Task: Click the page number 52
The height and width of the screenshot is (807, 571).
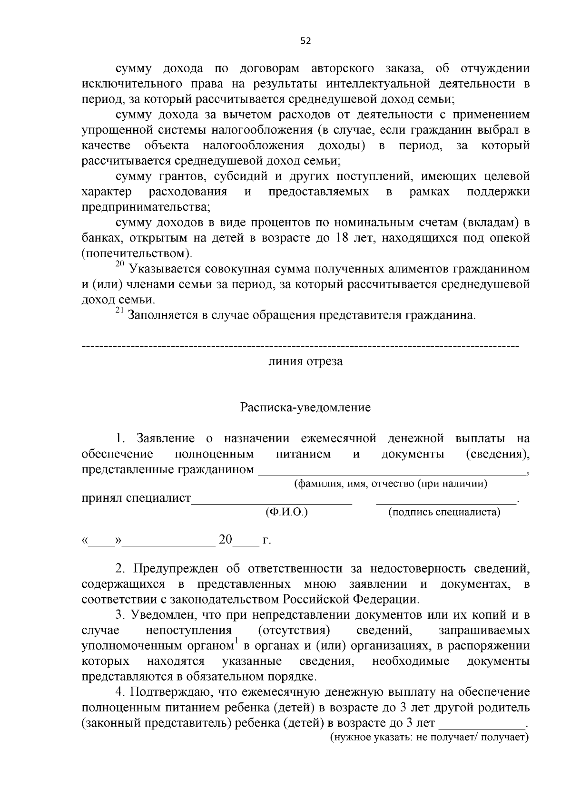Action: (x=305, y=41)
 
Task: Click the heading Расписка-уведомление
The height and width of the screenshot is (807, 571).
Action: (x=305, y=408)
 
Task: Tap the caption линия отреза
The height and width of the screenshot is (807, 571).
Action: (x=305, y=361)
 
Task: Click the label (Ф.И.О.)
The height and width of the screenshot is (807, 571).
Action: (x=286, y=512)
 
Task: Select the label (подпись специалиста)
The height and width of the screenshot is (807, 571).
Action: (x=444, y=512)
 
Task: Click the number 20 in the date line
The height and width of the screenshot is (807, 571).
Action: (x=226, y=540)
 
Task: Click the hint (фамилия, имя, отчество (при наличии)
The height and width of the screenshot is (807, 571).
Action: (x=390, y=484)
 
